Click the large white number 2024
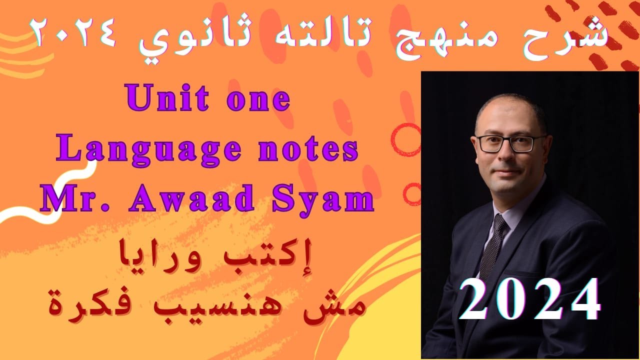[x=529, y=299]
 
